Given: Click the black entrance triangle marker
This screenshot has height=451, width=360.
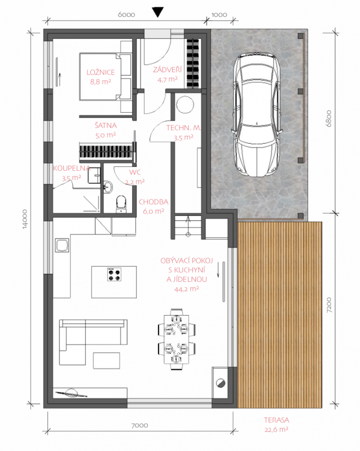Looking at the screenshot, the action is tap(158, 12).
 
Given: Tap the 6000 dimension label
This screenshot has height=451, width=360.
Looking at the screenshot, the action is tap(126, 15).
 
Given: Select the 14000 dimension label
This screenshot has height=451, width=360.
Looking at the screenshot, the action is tap(25, 219).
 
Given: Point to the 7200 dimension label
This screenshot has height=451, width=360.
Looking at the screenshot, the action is tap(329, 305).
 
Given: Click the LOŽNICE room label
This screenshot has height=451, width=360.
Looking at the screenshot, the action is tap(100, 72).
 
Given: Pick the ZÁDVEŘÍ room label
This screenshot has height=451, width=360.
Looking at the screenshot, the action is tap(168, 69).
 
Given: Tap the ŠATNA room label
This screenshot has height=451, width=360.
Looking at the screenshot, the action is tap(106, 125).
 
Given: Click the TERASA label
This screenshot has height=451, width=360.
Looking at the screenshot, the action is tap(276, 420).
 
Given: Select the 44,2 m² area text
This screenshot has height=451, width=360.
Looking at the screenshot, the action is tap(186, 289).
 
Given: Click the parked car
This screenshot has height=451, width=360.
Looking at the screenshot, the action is tap(257, 114).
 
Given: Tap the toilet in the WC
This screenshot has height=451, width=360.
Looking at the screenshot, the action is tap(121, 204).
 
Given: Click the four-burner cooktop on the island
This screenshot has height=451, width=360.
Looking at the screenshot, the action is tap(114, 275).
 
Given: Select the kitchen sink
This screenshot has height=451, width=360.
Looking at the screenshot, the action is tap(62, 245).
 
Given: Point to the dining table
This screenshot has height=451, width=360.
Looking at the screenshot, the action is tap(176, 340).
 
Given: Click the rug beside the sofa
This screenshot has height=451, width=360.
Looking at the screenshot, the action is tap(106, 361).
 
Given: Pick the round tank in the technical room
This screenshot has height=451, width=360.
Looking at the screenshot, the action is tap(185, 105).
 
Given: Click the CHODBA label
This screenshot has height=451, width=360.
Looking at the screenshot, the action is tap(153, 202).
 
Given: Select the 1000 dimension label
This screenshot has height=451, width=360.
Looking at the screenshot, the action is tap(219, 15).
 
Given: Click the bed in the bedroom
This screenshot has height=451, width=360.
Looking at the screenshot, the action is tap(106, 77).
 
